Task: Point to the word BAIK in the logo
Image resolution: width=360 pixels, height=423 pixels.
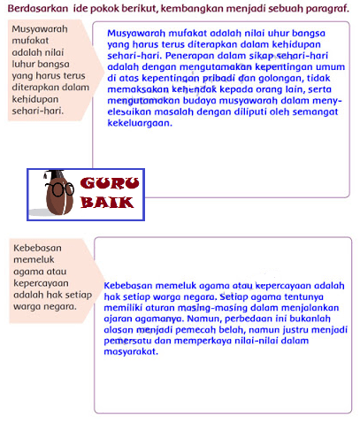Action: (x=107, y=203)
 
